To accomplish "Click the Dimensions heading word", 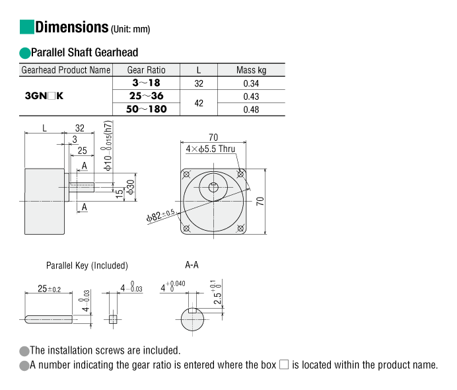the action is pos(72,27).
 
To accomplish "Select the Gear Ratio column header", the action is pos(147,70).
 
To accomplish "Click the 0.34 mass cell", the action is pos(251,83).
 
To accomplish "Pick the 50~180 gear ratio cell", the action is pos(147,109).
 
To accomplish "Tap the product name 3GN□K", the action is pos(44,96).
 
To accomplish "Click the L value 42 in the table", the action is pos(199,103).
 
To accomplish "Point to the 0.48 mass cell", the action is pos(251,110).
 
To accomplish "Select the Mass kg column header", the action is pos(251,70).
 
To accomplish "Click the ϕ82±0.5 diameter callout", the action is pos(160,215).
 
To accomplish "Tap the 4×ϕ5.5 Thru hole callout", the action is pos(211,149).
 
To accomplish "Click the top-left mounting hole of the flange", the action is pos(186,175).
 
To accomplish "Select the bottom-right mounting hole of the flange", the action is pos(240,228).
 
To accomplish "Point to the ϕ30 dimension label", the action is pos(131,187).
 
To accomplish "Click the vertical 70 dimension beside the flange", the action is pos(260,201).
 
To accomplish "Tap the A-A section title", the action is pos(192,265).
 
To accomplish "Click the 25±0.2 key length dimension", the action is pos(50,288).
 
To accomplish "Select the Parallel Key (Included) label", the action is pos(87,266).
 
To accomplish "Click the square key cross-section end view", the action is pos(113,319).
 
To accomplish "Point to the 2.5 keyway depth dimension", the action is pos(217,293).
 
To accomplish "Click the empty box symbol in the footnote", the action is pos(284,365).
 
